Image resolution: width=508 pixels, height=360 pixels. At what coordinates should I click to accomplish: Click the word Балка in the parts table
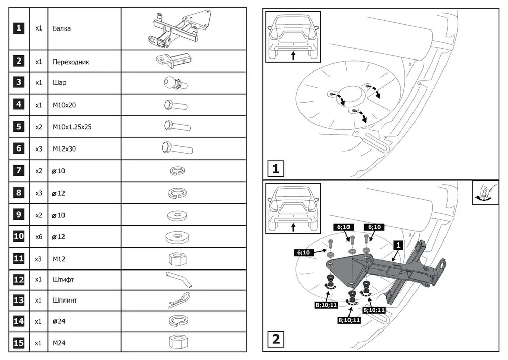point(61,28)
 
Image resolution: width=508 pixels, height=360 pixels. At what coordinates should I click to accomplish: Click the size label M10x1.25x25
point(72,127)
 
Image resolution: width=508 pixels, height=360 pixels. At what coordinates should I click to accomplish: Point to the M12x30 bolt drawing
point(176,148)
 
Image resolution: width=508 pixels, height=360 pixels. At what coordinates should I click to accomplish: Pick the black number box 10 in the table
point(19,236)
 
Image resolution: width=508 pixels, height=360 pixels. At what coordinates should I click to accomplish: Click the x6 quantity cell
point(39,237)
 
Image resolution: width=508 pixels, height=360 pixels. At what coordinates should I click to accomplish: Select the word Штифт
point(63,279)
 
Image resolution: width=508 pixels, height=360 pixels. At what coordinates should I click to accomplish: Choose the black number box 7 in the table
point(19,170)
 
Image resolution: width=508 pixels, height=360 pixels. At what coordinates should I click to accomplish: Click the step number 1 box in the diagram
point(276,168)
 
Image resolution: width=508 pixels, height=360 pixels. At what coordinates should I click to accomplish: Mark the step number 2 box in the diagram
point(276,339)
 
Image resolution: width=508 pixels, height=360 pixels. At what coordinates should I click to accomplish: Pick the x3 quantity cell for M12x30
point(39,149)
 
